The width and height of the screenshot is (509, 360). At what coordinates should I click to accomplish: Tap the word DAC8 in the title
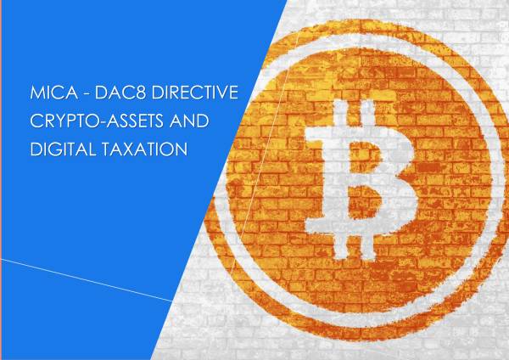[120, 94]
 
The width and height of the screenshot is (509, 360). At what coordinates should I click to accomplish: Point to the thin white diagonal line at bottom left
[85, 276]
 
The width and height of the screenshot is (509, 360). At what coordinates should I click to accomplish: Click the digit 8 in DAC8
[141, 94]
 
